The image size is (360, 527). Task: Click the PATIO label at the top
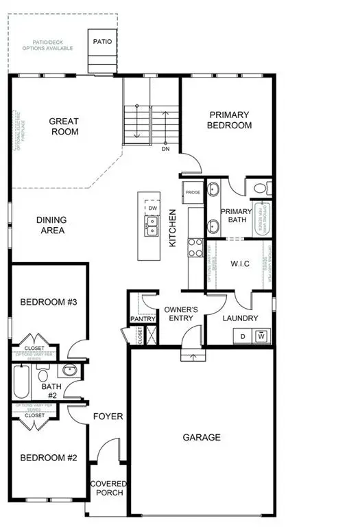[x=102, y=42]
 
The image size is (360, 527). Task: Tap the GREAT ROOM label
[x=64, y=126]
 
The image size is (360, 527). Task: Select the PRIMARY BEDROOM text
[x=230, y=120]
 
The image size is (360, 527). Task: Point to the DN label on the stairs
[x=165, y=148]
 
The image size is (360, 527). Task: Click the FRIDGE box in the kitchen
[x=192, y=192]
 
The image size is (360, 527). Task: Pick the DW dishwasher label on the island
[x=153, y=207]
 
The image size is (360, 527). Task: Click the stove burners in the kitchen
[x=195, y=246]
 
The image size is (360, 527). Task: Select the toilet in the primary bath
[x=260, y=187]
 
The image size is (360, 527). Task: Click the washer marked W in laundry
[x=261, y=336]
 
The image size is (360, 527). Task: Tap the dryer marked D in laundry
[x=243, y=336]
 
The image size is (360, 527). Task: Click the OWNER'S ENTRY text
[x=181, y=314]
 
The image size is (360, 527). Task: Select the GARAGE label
[x=202, y=437]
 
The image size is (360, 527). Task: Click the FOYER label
[x=108, y=417]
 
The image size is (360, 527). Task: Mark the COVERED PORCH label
[x=108, y=488]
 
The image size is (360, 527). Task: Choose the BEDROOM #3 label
[x=48, y=302]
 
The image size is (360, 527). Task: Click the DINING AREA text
[x=51, y=225]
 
